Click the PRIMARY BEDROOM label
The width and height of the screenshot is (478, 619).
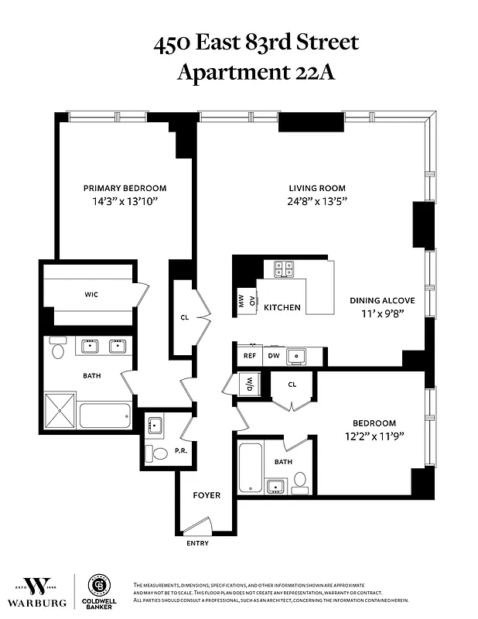(125, 188)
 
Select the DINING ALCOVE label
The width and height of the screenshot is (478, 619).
(382, 300)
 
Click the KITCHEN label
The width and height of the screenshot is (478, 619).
(282, 307)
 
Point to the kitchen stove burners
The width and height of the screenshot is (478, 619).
(284, 269)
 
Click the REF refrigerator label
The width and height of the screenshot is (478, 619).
(250, 356)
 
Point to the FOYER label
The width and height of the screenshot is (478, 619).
(207, 495)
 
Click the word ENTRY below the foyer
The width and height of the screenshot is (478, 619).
(197, 543)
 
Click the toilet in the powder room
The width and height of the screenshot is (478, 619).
(160, 453)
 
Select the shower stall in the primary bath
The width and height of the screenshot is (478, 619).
(61, 410)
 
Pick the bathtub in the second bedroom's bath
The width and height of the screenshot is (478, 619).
(251, 466)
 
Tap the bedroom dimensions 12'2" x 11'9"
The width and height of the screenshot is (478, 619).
(374, 436)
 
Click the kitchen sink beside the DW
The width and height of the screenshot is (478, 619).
(296, 356)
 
